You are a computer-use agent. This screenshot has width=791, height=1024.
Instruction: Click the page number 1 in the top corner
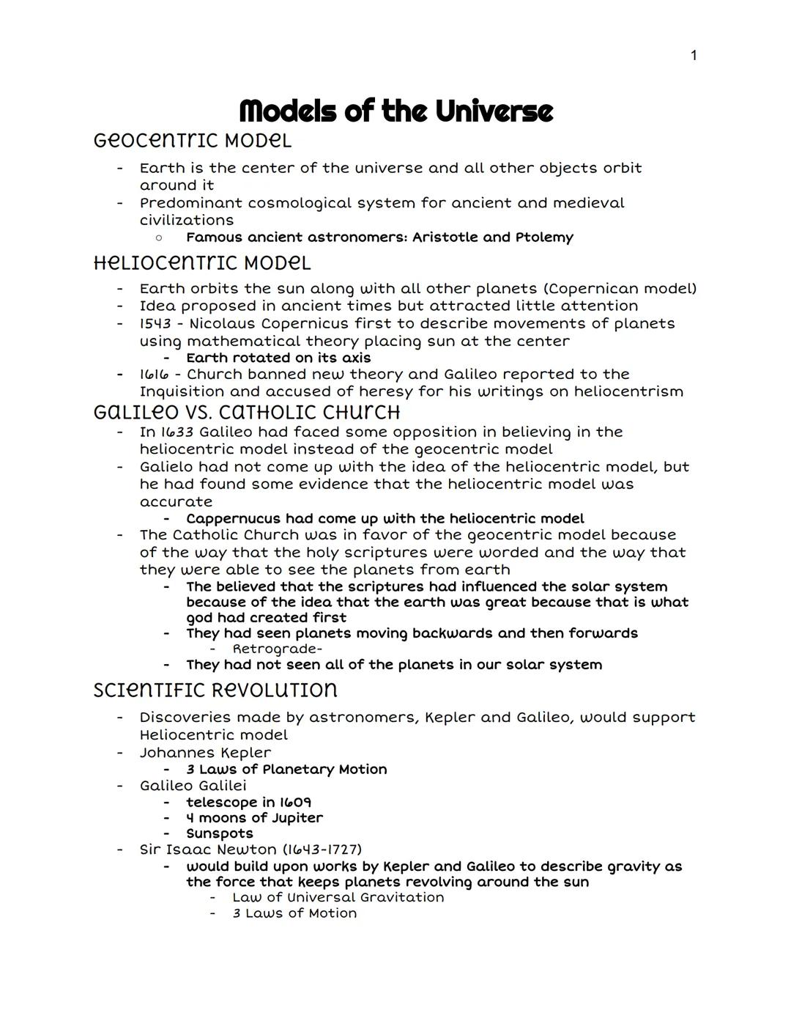point(694,56)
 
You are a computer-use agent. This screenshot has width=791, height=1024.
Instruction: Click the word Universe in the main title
point(494,111)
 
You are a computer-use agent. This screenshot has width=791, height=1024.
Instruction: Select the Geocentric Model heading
point(193,140)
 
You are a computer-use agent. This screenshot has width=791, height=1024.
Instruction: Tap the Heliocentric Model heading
point(202,262)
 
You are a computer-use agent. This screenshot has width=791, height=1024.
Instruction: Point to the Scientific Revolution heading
point(215,690)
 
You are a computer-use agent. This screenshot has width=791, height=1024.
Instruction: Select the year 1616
point(153,375)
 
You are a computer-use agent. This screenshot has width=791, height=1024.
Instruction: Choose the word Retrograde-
point(278,649)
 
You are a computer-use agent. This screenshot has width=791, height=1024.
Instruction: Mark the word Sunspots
point(220,833)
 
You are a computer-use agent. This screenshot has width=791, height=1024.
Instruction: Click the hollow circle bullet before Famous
point(157,237)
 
